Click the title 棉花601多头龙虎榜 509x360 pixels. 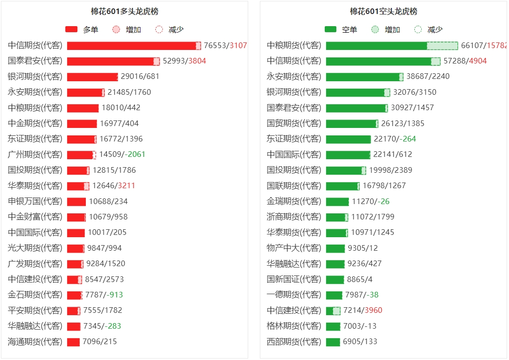tap(125, 12)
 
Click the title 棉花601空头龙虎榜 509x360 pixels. tap(383, 12)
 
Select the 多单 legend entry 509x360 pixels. tap(82, 29)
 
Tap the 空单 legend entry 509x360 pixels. tap(341, 29)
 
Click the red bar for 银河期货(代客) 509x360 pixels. tap(92, 77)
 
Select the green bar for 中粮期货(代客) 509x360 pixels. tap(377, 45)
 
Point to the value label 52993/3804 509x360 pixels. tap(184, 61)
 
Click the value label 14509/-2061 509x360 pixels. tap(122, 154)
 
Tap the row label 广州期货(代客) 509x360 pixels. tap(35, 154)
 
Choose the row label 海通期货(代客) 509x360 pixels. tap(35, 341)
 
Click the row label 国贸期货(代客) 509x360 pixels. tap(294, 123)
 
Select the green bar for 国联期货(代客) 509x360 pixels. tap(342, 186)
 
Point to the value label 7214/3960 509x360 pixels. tap(363, 310)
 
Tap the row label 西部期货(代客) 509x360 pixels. tap(294, 341)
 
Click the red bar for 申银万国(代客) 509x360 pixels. tap(77, 201)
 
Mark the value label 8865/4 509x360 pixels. tap(360, 279)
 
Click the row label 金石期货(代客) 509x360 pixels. tap(35, 295)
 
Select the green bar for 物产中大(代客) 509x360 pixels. tap(335, 248)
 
